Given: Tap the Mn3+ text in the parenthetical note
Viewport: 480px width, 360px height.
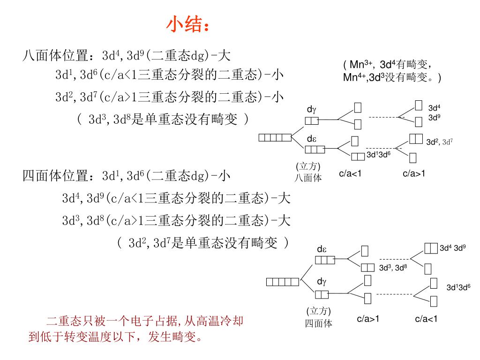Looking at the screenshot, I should (x=361, y=64).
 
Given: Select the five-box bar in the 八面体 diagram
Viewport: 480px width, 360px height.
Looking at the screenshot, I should (x=275, y=137).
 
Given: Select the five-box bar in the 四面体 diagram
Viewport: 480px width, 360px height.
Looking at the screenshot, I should (x=282, y=281).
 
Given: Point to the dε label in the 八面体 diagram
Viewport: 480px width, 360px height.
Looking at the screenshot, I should (x=312, y=139).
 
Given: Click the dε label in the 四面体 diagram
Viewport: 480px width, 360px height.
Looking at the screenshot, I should (x=322, y=249).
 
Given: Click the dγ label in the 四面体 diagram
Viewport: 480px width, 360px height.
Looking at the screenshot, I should (x=322, y=281).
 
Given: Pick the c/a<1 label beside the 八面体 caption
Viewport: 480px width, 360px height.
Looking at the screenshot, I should (x=350, y=173).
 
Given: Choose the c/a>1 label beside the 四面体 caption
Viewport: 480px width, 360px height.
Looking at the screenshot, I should (x=368, y=319).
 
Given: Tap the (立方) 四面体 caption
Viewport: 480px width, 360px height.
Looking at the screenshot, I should (x=319, y=317).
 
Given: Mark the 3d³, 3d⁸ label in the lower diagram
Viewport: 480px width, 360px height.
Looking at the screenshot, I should (x=393, y=268).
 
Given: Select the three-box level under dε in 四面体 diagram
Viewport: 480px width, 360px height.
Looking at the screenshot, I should (x=325, y=260).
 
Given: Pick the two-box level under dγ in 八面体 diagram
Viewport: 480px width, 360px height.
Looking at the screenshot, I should (x=312, y=121).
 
